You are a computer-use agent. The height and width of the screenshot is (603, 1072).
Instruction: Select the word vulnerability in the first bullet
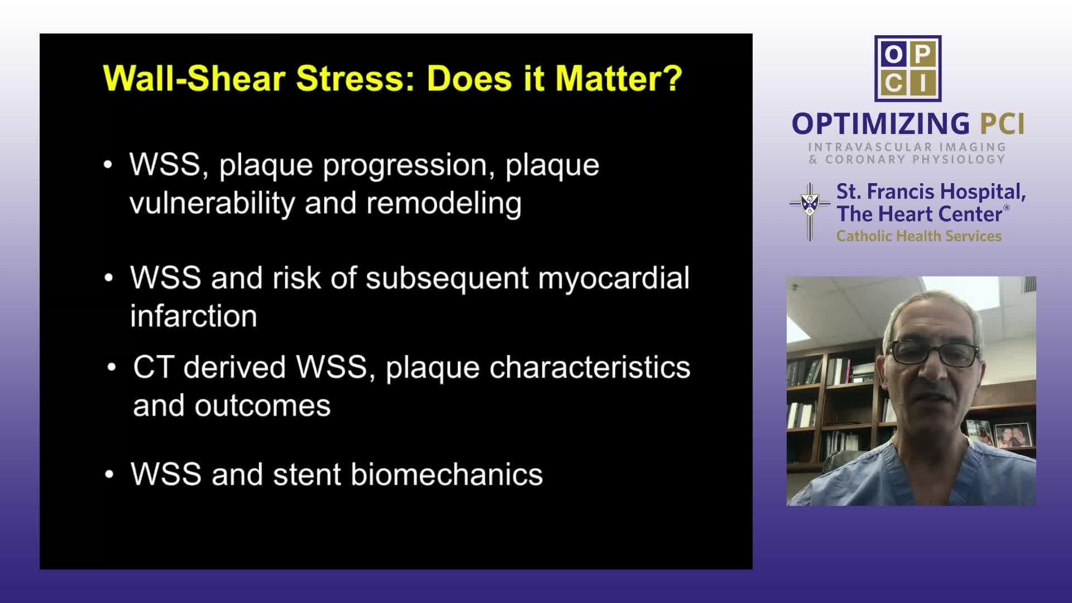coord(212,203)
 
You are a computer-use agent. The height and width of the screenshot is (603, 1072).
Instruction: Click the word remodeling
coord(444,203)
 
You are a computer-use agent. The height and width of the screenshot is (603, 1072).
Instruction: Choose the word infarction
coord(194,316)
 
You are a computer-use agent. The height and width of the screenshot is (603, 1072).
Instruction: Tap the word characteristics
coord(590,367)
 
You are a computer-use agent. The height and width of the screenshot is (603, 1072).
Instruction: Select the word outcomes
coord(262,406)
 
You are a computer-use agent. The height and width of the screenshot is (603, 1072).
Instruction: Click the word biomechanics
coord(447,475)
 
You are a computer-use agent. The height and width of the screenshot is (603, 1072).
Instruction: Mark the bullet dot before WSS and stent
coord(109,475)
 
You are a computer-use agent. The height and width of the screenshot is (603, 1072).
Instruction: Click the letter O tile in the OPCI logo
coord(893,54)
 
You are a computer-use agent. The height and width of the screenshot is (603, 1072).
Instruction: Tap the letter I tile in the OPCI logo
coord(923,83)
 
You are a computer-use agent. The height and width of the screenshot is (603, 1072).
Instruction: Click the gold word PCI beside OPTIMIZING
coord(1003,123)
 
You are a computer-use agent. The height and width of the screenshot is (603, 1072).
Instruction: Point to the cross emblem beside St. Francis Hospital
coord(810,212)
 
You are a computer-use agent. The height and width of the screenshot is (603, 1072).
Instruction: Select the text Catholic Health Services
coord(919,236)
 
